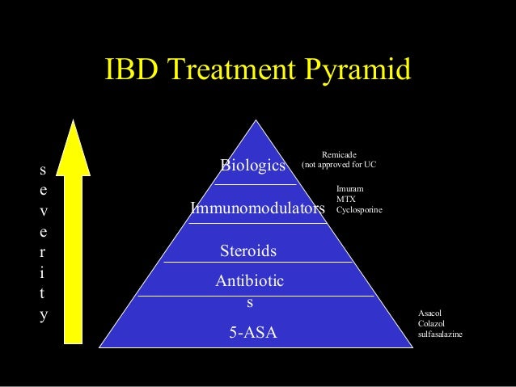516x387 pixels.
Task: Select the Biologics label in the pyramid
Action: click(253, 166)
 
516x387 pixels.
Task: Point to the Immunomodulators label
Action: click(257, 208)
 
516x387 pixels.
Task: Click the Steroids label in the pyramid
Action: click(248, 251)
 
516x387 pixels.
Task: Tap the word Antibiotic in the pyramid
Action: click(249, 280)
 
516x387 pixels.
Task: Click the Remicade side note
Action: click(339, 154)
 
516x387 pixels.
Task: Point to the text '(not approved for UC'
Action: click(339, 165)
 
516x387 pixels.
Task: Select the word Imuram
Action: click(349, 189)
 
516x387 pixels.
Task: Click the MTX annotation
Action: click(345, 199)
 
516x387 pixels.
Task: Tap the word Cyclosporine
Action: click(359, 209)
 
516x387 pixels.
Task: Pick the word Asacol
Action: click(429, 313)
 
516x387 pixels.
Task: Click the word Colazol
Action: click(431, 323)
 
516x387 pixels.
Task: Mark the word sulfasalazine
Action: click(441, 334)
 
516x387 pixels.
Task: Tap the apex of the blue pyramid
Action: click(256, 124)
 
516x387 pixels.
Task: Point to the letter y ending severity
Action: click(43, 315)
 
